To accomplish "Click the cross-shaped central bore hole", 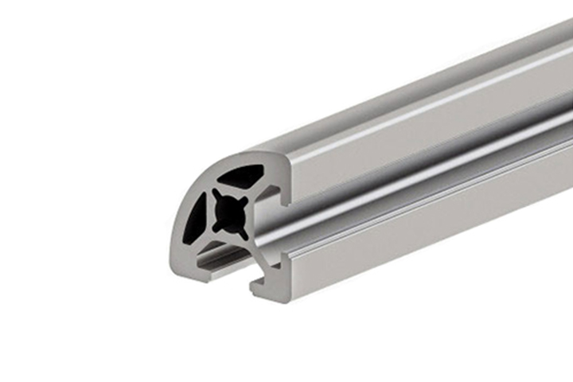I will (x=229, y=213).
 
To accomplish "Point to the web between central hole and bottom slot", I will (x=231, y=238).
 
